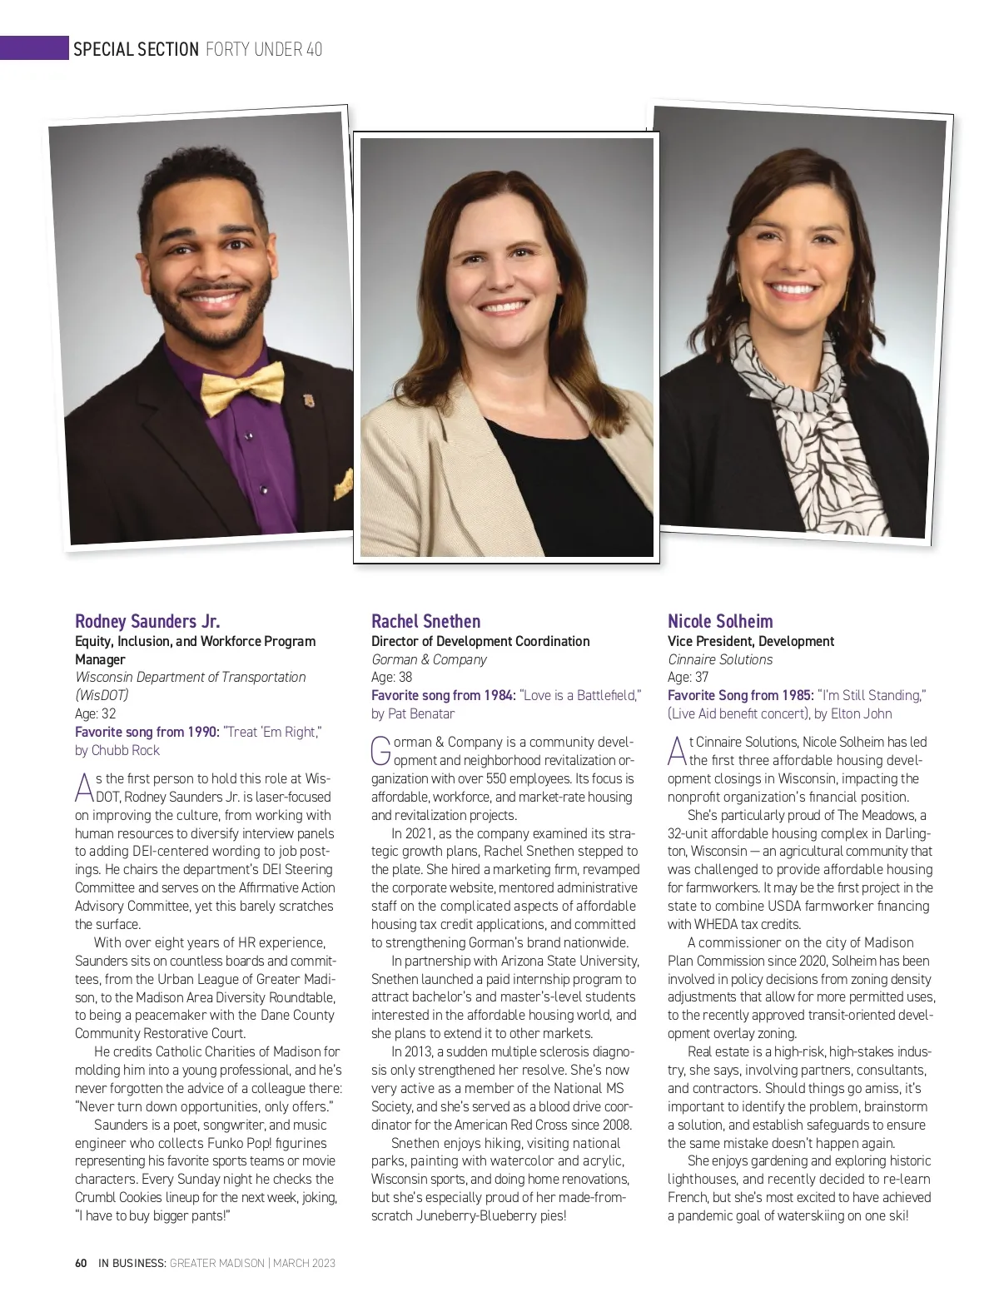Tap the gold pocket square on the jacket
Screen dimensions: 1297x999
pyautogui.click(x=342, y=484)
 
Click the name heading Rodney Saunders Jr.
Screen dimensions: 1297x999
pyautogui.click(x=147, y=621)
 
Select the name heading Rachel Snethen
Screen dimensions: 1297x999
pyautogui.click(x=425, y=621)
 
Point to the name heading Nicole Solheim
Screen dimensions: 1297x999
pyautogui.click(x=720, y=621)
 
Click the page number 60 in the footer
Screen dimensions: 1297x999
pyautogui.click(x=81, y=1263)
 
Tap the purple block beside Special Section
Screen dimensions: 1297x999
pyautogui.click(x=33, y=48)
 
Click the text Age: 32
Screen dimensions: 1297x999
pyautogui.click(x=96, y=713)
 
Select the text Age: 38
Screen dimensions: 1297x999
pyautogui.click(x=391, y=677)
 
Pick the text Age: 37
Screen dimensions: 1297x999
pyautogui.click(x=688, y=677)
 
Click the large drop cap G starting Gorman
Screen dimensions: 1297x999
pyautogui.click(x=380, y=749)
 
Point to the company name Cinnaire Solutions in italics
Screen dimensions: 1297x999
pyautogui.click(x=720, y=659)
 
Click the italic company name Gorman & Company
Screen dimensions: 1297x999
pyautogui.click(x=429, y=659)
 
